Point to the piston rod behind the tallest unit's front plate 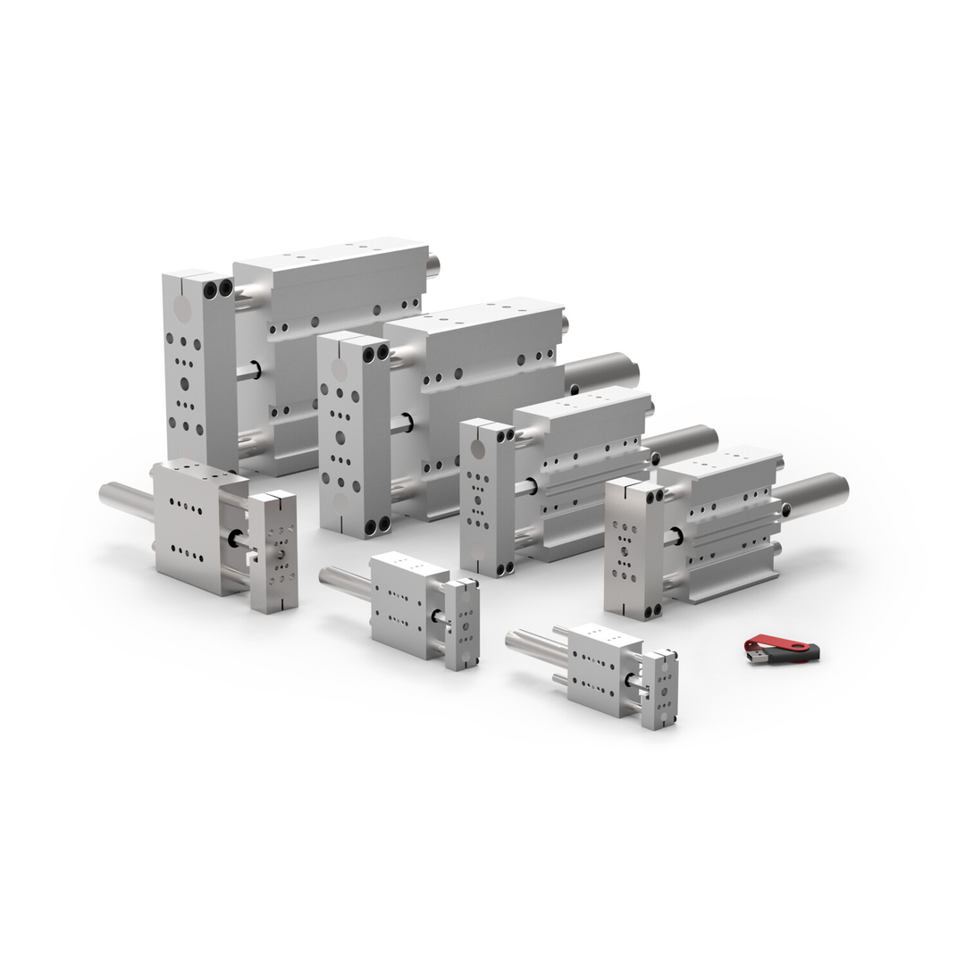pyautogui.click(x=249, y=369)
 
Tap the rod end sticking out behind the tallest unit pyautogui.click(x=434, y=264)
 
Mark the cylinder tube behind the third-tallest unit pyautogui.click(x=684, y=443)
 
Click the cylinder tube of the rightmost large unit pyautogui.click(x=813, y=494)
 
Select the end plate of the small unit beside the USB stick pyautogui.click(x=661, y=689)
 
